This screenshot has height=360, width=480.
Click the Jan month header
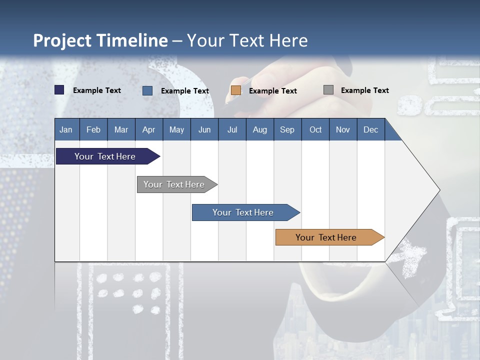[66, 129]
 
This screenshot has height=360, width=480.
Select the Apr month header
[148, 129]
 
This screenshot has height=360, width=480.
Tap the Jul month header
[232, 129]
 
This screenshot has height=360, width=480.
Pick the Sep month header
[287, 129]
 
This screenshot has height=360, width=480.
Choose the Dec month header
[370, 129]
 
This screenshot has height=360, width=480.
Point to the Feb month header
[93, 129]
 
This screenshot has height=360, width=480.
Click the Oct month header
[315, 129]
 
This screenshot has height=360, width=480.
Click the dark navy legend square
[59, 90]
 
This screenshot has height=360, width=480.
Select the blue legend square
[147, 90]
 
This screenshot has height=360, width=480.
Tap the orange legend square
[236, 90]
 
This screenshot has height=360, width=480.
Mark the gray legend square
[328, 90]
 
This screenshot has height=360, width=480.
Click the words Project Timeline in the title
[100, 40]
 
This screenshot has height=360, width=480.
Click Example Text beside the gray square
[364, 90]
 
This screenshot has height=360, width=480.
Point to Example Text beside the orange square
[272, 91]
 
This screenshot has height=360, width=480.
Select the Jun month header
[204, 129]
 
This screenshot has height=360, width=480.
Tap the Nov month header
[343, 129]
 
